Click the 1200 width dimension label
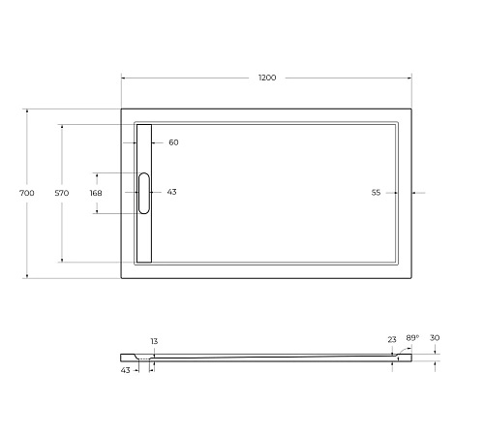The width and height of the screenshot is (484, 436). tap(266, 78)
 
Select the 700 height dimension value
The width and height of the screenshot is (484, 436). tap(27, 193)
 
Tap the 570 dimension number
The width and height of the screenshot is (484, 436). tap(61, 193)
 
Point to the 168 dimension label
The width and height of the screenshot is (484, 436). tap(95, 193)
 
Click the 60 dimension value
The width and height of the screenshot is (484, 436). tap(173, 142)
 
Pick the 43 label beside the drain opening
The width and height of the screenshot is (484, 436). tap(171, 192)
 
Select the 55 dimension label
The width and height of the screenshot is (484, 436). tap(376, 193)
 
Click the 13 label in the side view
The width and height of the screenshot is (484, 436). tap(153, 341)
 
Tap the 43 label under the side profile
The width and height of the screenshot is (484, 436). tap(126, 370)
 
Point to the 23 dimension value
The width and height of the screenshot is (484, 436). tap(391, 339)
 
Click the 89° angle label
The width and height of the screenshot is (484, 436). tap(411, 337)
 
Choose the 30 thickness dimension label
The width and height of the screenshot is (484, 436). tap(435, 338)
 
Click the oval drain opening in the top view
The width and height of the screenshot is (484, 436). tap(144, 193)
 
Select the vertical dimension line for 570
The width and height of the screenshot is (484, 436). tap(61, 233)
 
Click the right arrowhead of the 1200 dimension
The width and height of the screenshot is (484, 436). tap(410, 78)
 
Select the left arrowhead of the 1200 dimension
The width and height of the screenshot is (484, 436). tap(124, 78)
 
